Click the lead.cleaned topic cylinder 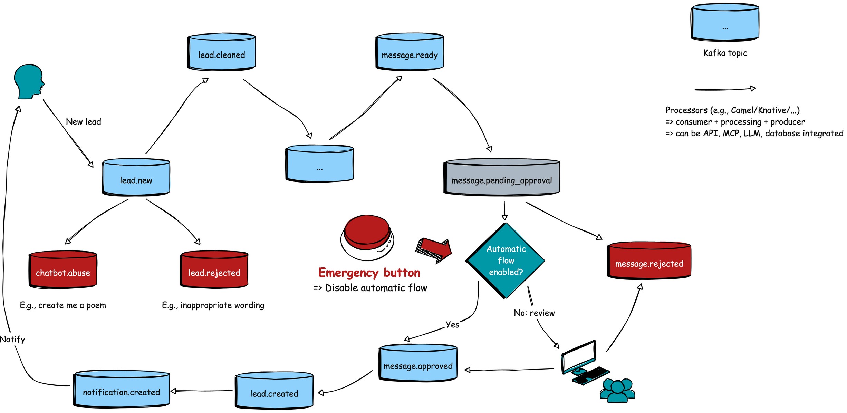point(221,52)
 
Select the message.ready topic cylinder point(410,52)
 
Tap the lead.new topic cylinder point(136,177)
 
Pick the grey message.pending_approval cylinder point(501,178)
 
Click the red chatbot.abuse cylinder point(63,270)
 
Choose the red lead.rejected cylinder point(214,270)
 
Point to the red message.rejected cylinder point(649,261)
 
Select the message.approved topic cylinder point(418,363)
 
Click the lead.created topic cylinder point(274,391)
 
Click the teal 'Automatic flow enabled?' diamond point(506,260)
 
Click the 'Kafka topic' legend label point(725,53)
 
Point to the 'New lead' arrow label point(84,122)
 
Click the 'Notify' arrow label point(12,340)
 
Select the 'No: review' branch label point(534,313)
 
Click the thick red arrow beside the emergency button point(434,250)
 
